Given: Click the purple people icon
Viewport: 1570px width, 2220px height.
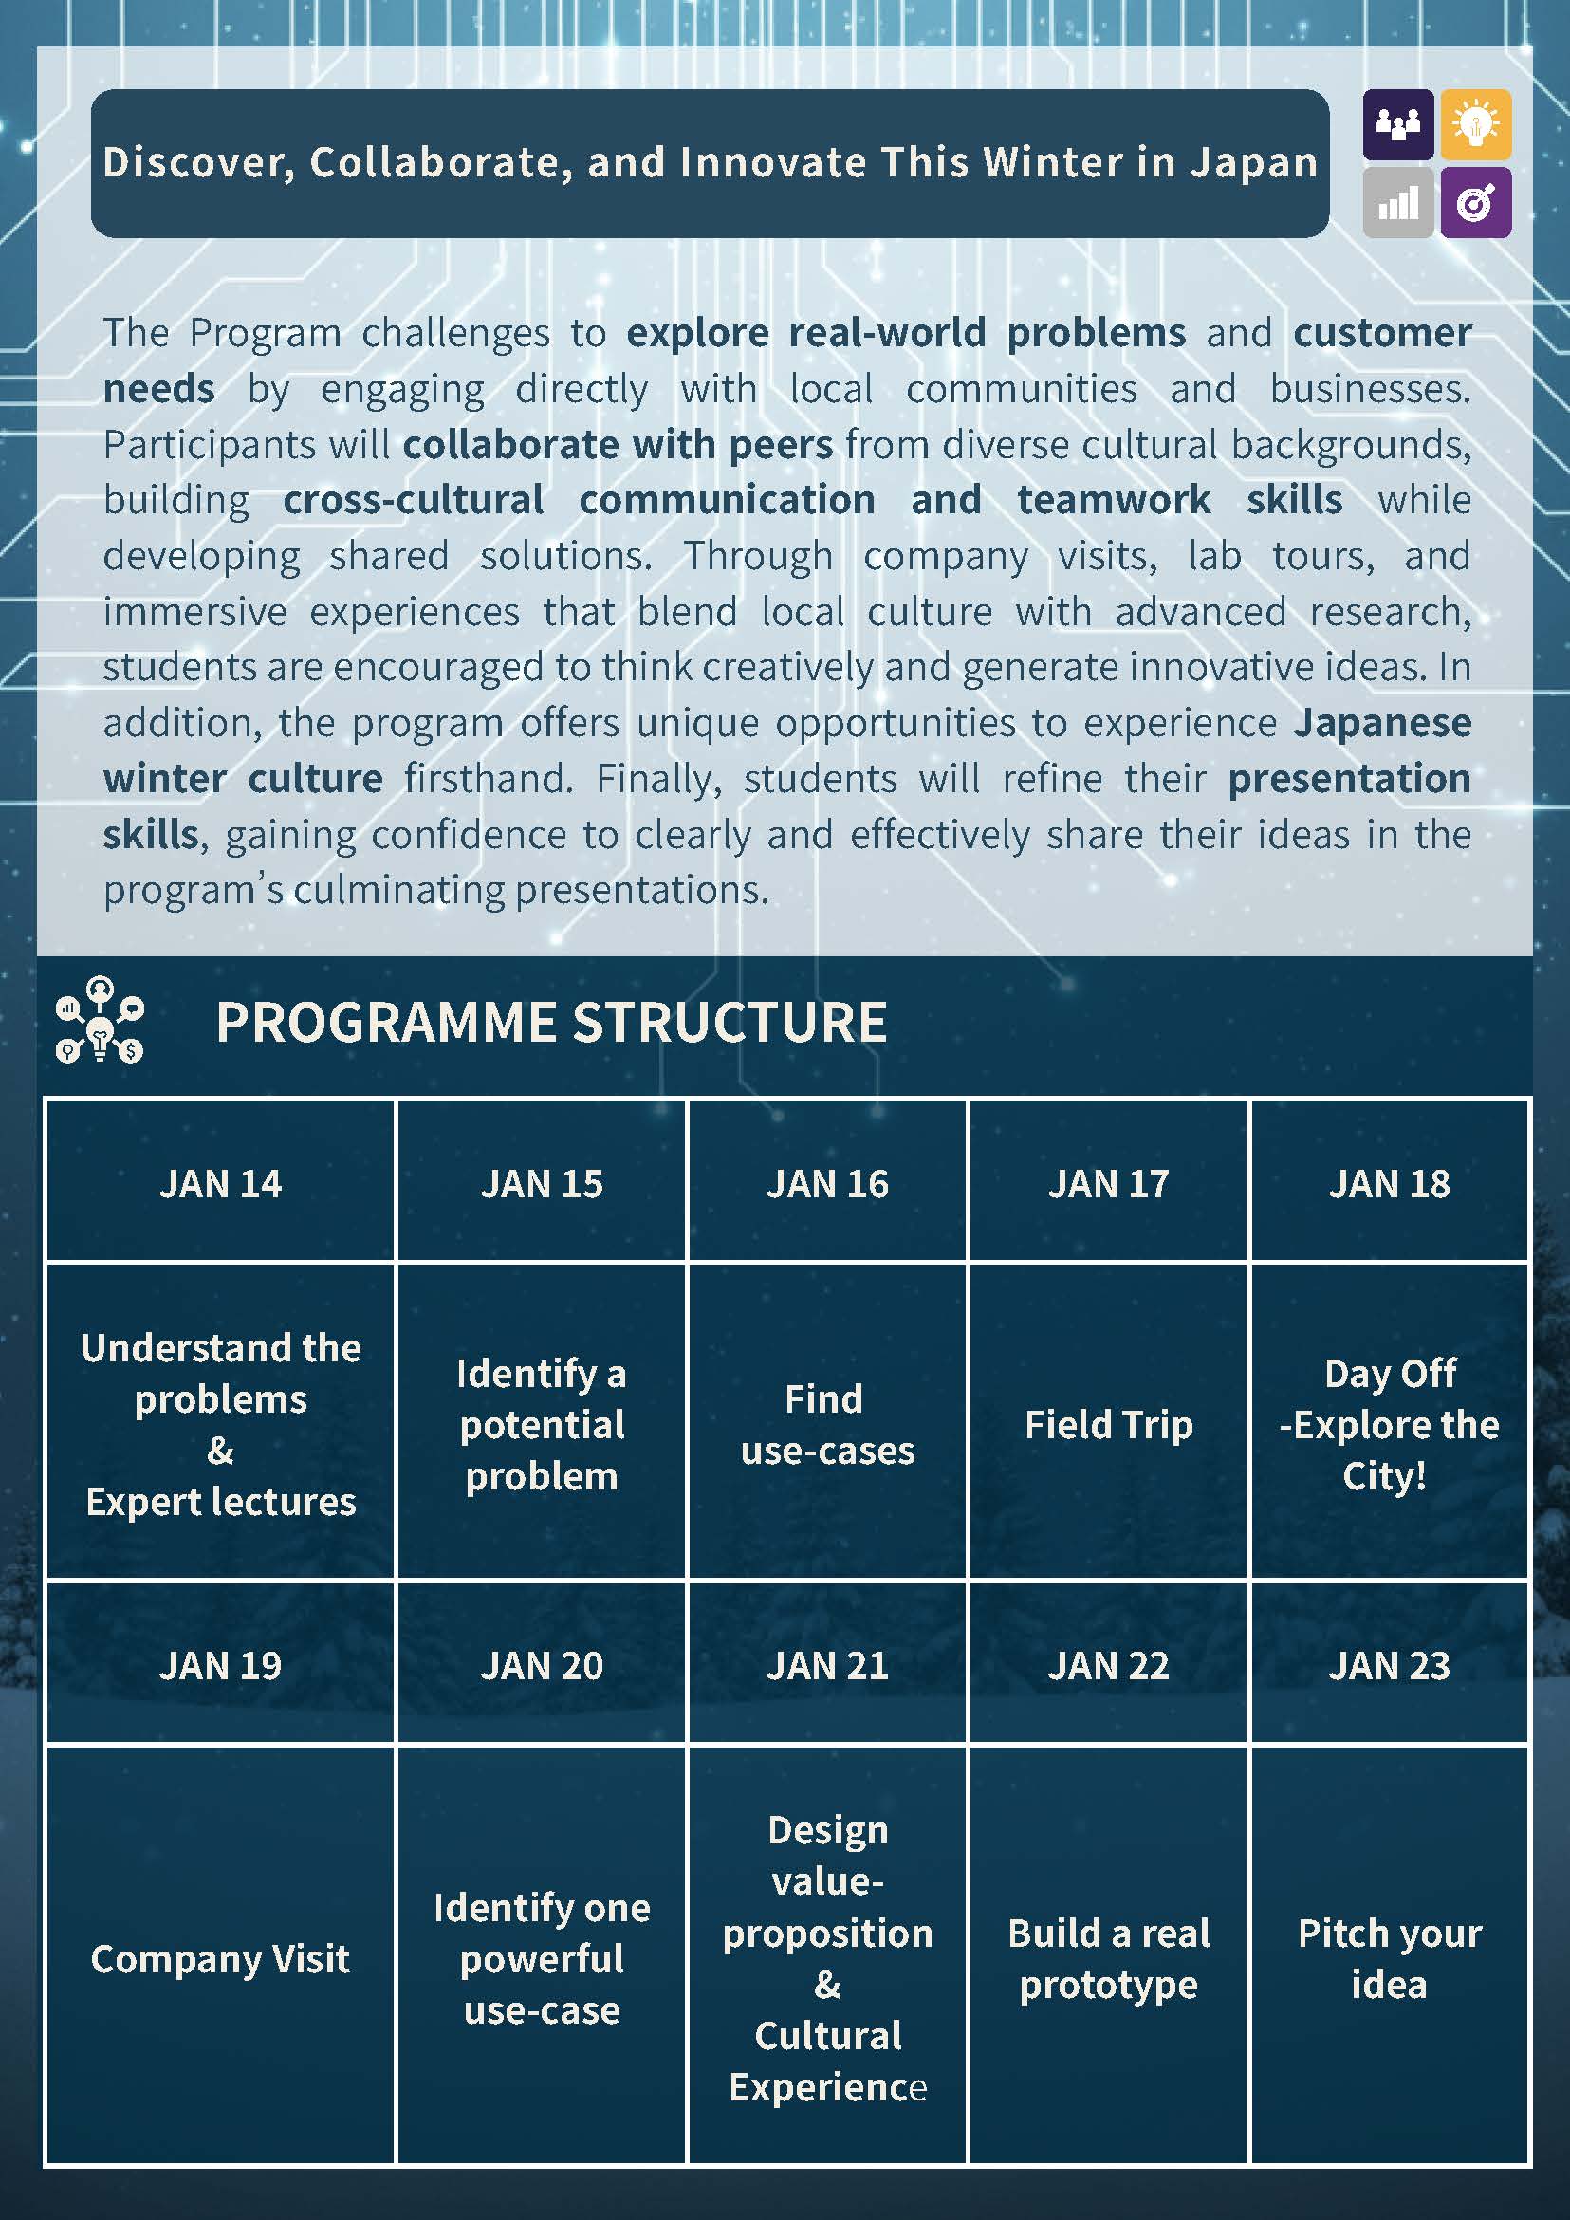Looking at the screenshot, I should pos(1398,123).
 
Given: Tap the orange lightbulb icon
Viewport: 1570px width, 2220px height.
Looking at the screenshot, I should pos(1475,123).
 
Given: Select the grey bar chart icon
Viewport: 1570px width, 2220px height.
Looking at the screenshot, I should pos(1398,203).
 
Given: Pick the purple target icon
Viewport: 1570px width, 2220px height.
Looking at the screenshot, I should pos(1475,203).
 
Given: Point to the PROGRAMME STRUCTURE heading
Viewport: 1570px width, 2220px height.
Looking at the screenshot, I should pos(551,1023).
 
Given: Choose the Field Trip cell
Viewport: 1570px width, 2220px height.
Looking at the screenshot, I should pos(1108,1424).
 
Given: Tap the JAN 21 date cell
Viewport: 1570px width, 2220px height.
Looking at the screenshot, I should pos(826,1665).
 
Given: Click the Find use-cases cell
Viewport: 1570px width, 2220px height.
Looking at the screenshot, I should pos(826,1424).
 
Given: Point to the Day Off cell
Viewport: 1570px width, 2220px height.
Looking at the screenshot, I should pos(1389,1424).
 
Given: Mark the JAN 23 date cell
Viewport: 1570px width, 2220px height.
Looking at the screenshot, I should pos(1389,1665).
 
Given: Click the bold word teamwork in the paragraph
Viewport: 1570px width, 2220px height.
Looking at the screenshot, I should pos(1113,500).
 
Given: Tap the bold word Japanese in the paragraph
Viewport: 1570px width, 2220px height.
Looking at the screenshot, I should pos(1382,722).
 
